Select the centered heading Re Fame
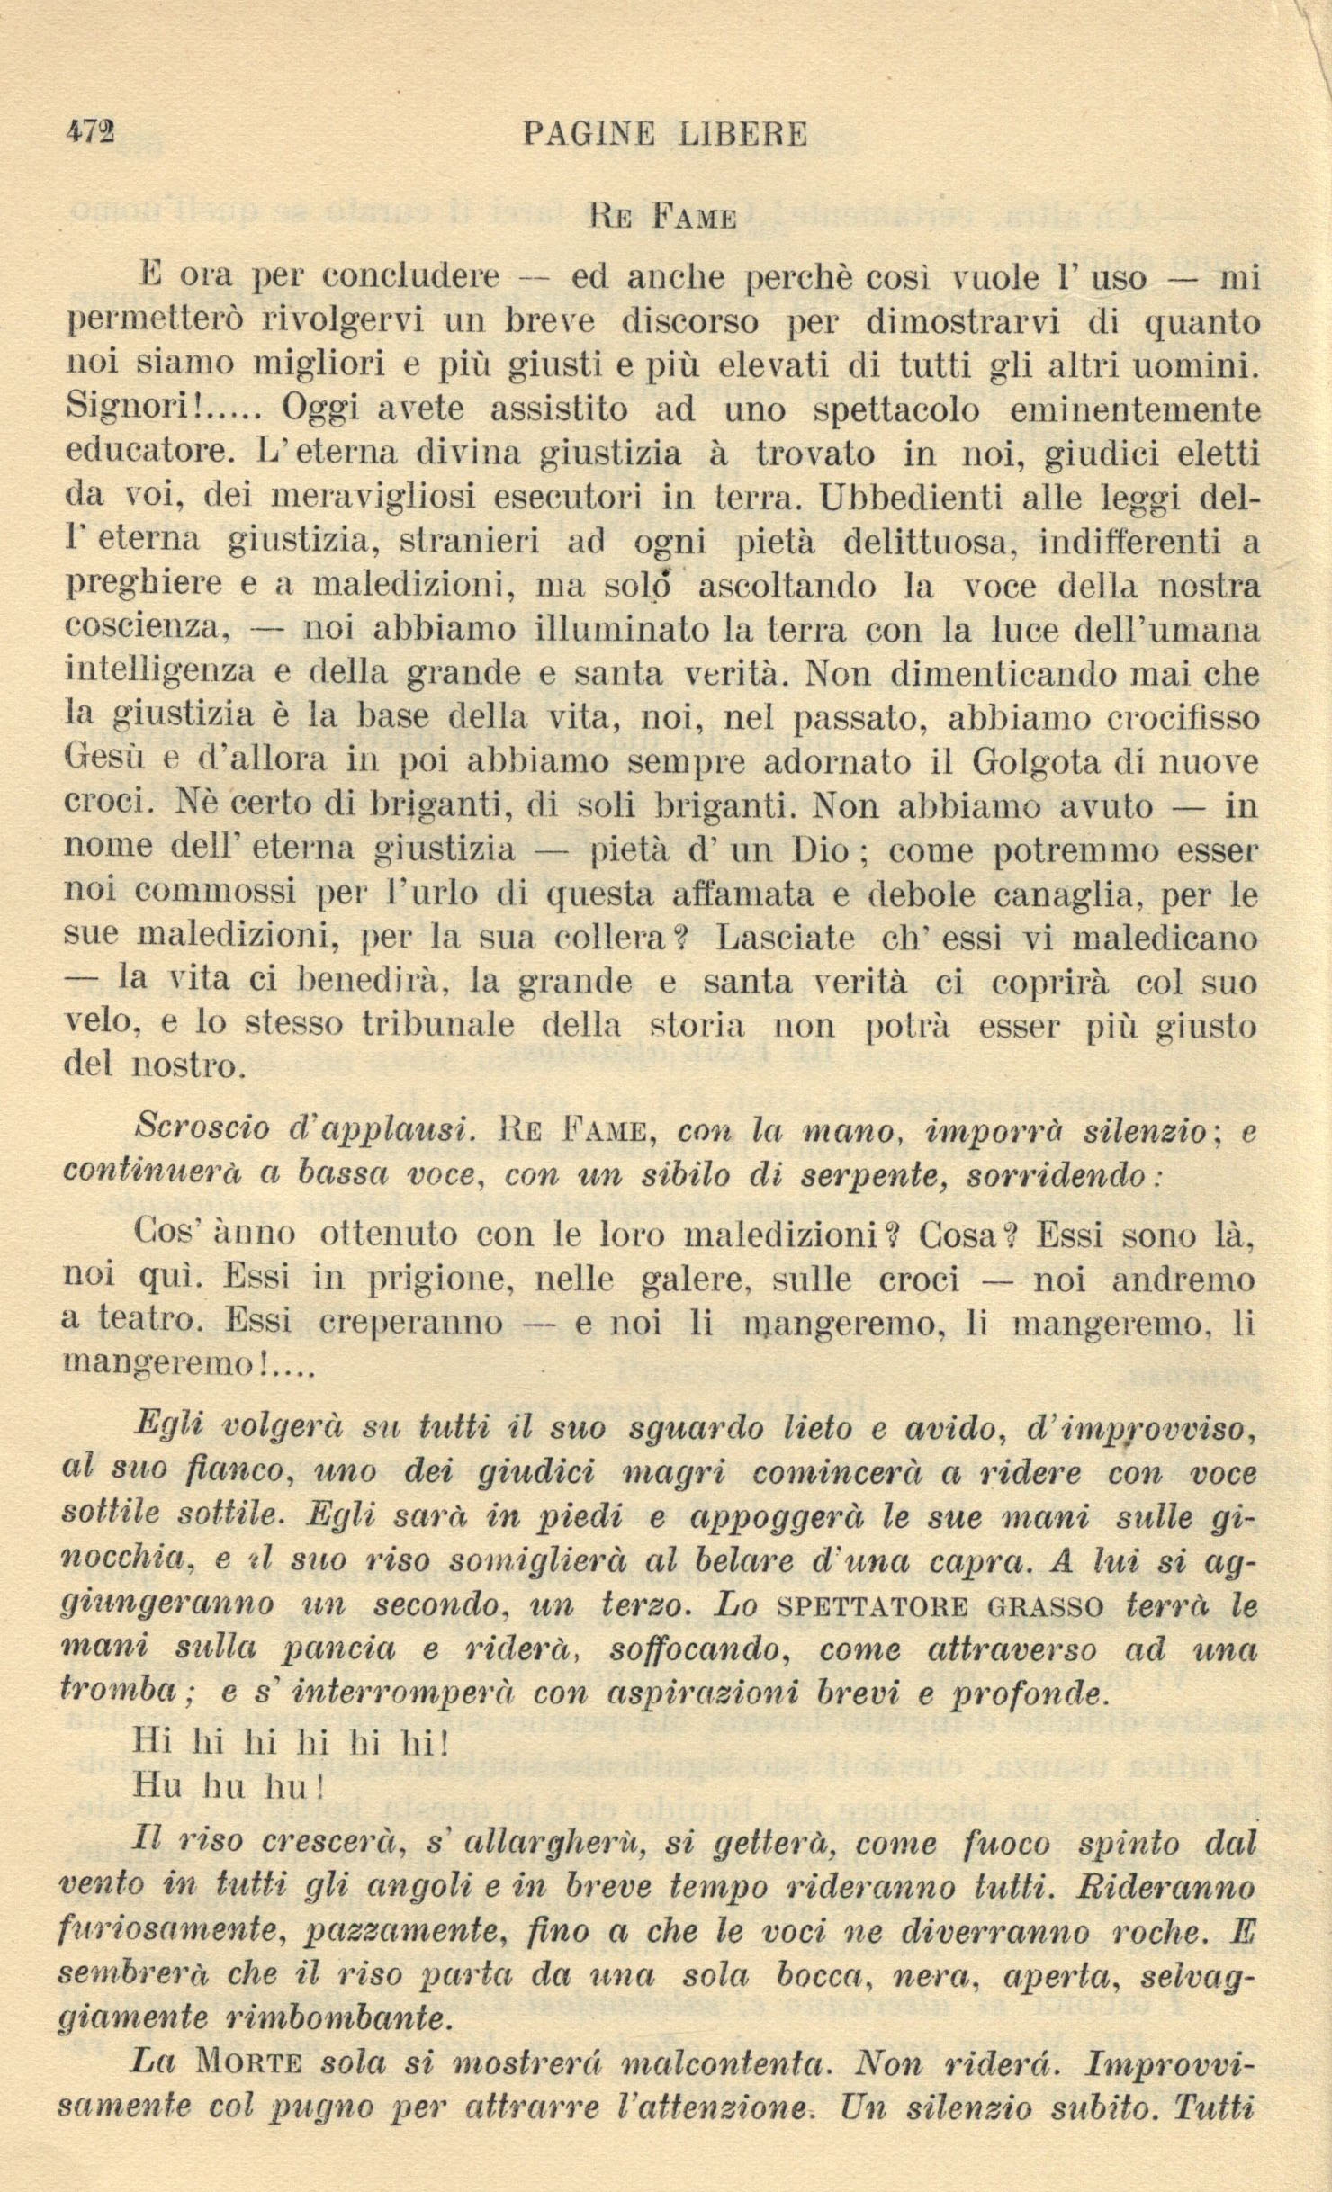point(663,218)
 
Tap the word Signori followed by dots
point(162,409)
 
